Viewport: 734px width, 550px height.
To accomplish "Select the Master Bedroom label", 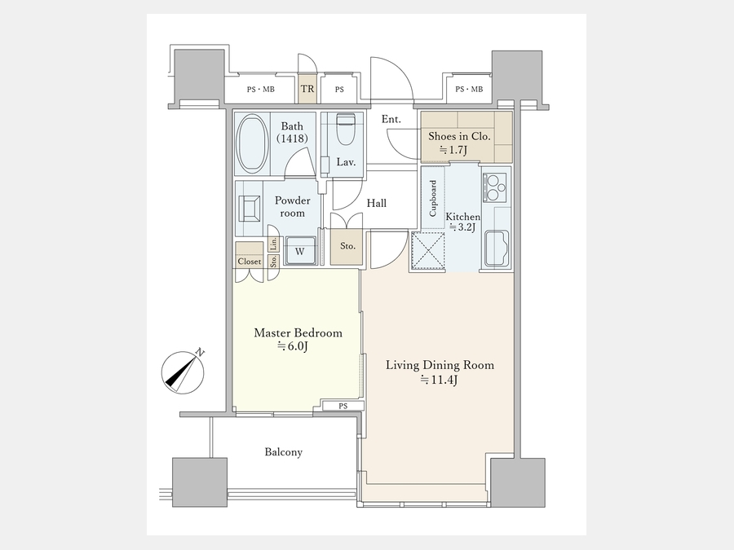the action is pos(298,333).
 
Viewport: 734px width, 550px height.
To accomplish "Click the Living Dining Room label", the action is pos(440,365).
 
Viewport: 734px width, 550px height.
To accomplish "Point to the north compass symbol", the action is pos(183,372).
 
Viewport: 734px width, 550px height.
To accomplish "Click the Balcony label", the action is pos(284,451).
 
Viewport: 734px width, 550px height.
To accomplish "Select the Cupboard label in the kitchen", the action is pos(432,198).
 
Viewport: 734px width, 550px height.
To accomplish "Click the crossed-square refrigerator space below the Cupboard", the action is pos(428,251).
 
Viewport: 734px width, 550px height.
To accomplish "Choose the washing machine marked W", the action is pos(300,251).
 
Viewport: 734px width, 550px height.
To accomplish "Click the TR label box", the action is pos(307,88).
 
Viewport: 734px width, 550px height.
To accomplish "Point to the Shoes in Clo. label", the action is pos(459,136).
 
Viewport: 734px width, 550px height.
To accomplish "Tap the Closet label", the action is pos(249,262).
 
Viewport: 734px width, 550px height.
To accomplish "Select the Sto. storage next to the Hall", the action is pos(347,246).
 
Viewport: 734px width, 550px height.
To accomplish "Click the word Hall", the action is pos(376,203).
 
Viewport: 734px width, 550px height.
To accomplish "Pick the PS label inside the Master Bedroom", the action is pos(343,406).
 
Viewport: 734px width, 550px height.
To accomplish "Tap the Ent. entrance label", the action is pos(391,119).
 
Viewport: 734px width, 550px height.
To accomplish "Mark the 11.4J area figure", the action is pos(439,380).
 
